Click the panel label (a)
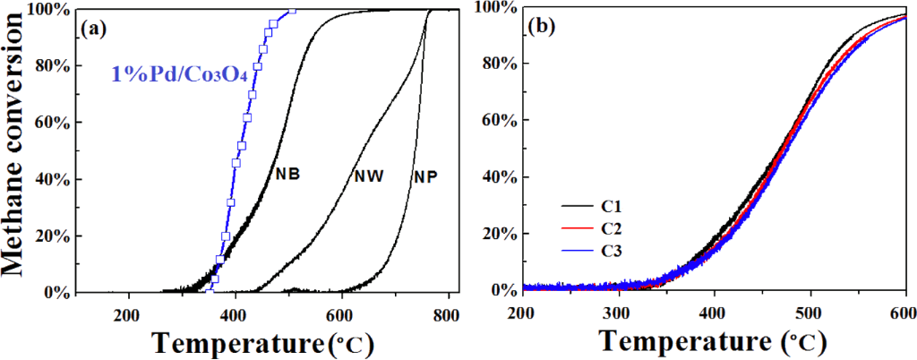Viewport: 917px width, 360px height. click(x=94, y=28)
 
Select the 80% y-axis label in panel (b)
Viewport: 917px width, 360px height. click(x=493, y=64)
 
